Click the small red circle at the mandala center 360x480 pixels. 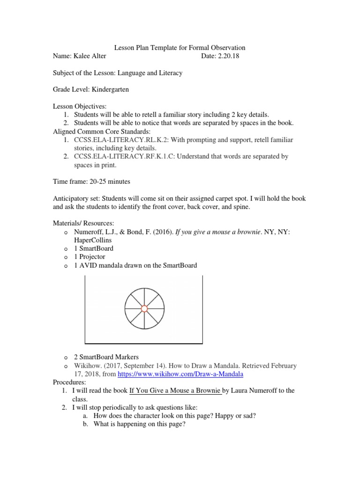pos(144,308)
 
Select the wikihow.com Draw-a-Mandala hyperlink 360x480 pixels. pos(180,374)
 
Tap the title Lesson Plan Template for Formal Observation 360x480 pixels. pos(180,48)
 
